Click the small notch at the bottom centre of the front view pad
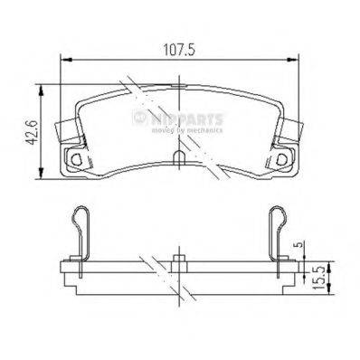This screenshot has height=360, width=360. tap(180, 159)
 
